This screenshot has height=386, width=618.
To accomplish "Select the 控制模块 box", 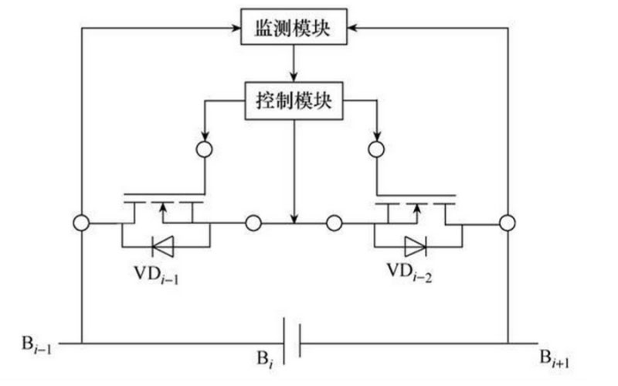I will [x=294, y=101].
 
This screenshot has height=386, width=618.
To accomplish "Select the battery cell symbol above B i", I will [x=290, y=341].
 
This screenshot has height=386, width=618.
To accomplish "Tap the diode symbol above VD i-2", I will [x=416, y=247].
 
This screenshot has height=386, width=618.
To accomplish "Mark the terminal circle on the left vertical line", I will [x=80, y=224].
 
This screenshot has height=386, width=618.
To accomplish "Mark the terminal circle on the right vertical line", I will [x=508, y=224].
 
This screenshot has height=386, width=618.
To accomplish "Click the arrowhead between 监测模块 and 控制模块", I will [x=294, y=76].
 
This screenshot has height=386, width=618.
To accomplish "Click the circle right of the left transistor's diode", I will [x=253, y=224].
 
